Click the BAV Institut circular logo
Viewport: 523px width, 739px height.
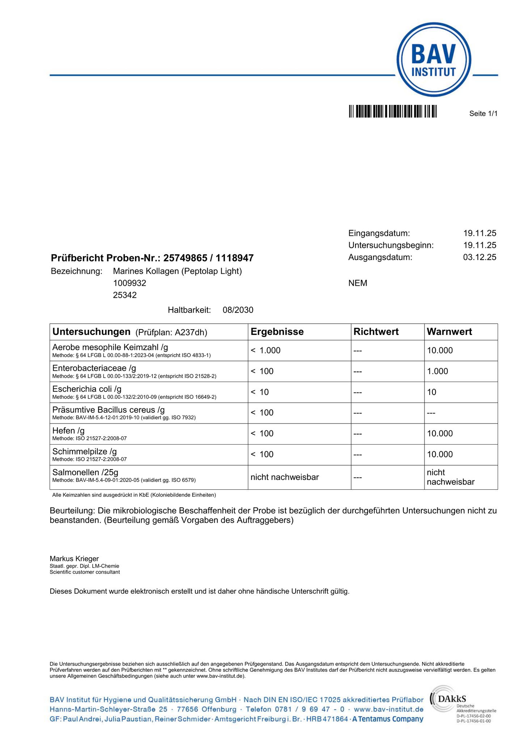(x=434, y=59)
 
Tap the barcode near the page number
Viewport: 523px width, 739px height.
(x=393, y=111)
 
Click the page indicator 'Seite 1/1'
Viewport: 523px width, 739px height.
(x=483, y=114)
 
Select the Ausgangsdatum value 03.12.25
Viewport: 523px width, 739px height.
(x=480, y=258)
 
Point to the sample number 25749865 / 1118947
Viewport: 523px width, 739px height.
(x=208, y=258)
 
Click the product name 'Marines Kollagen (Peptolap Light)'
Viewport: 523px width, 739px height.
(x=177, y=271)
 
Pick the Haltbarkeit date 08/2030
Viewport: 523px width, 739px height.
(x=238, y=310)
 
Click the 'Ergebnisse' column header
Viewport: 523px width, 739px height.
(x=277, y=332)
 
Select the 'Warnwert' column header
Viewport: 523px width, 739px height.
(x=449, y=332)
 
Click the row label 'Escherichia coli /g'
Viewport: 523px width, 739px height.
(x=87, y=389)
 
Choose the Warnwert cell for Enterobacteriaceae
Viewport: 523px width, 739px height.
(x=438, y=371)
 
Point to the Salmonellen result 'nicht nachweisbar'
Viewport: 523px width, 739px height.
(x=284, y=477)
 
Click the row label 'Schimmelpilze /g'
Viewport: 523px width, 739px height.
(x=84, y=451)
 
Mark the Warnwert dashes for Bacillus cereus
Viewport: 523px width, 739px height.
(x=431, y=413)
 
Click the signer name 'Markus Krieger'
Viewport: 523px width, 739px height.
(x=74, y=559)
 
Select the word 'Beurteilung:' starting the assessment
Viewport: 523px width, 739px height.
(x=72, y=511)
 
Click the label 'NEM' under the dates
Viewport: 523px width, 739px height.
(x=358, y=283)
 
